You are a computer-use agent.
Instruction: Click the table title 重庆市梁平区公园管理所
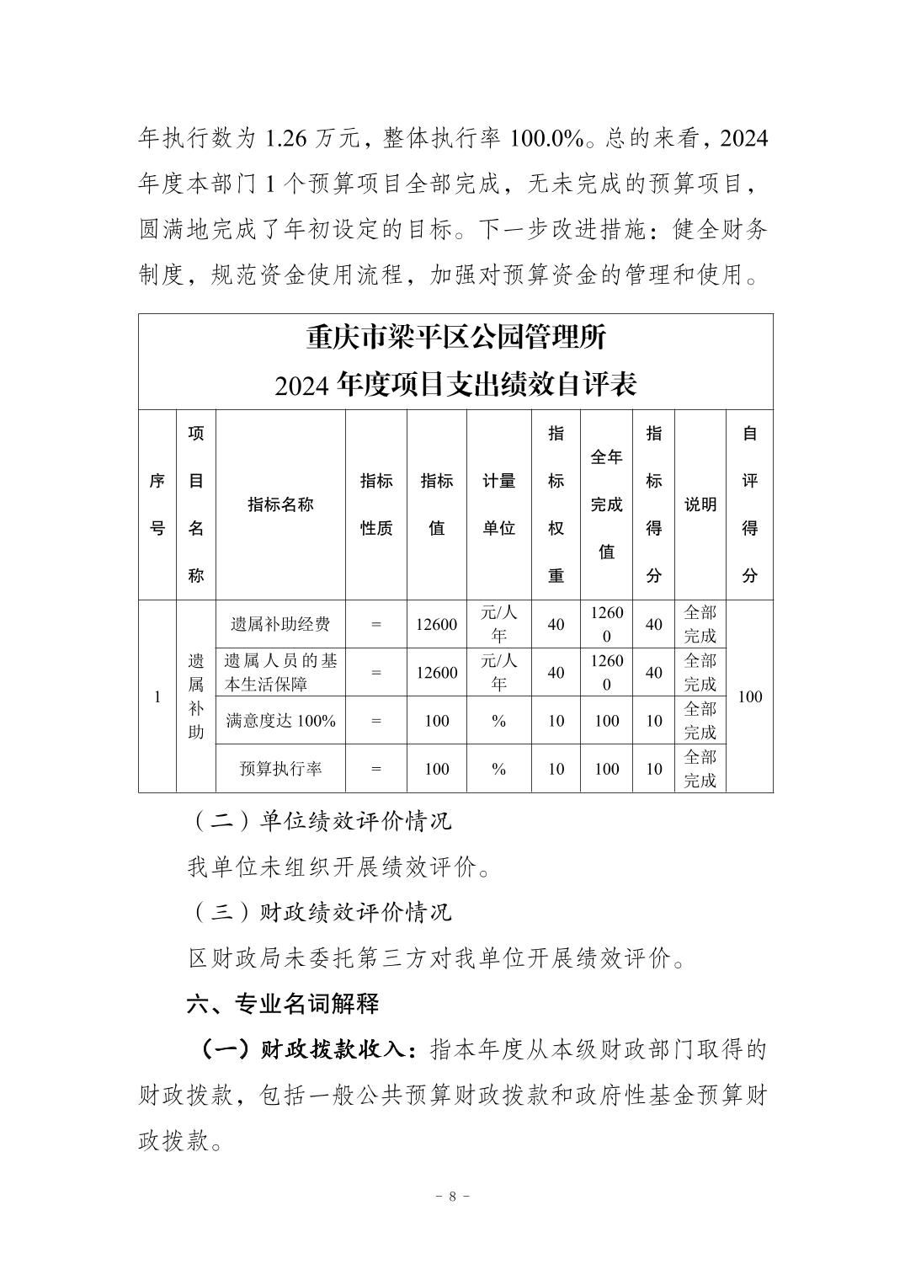coord(455,339)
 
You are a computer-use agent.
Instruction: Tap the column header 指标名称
coord(280,504)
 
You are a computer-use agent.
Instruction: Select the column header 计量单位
coord(498,504)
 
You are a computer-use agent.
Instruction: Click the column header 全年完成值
coord(606,504)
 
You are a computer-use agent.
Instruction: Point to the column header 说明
coord(700,504)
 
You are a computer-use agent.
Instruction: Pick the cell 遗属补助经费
coord(280,624)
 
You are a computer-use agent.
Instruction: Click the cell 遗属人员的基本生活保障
coord(280,672)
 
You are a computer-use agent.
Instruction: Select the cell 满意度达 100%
coord(280,721)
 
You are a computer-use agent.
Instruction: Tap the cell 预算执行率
coord(280,769)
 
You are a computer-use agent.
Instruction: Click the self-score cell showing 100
coord(748,696)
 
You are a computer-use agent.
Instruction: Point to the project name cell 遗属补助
coord(195,696)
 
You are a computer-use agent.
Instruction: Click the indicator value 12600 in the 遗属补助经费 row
coord(437,624)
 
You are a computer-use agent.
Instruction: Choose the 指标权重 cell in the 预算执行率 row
coord(556,769)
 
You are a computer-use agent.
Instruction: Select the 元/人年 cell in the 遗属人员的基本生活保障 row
coord(498,672)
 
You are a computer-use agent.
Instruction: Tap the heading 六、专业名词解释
coord(283,1003)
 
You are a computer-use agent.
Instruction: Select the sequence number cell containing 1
coord(157,696)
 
